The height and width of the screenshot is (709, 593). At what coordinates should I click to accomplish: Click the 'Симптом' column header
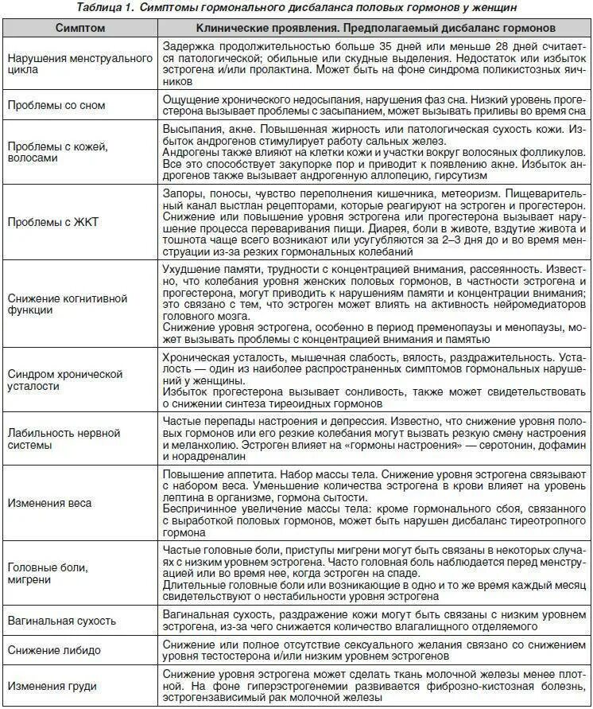pyautogui.click(x=79, y=28)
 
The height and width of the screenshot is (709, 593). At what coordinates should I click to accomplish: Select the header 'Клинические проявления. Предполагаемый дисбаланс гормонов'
pyautogui.click(x=373, y=28)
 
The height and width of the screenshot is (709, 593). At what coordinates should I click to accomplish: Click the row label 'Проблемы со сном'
pyautogui.click(x=55, y=105)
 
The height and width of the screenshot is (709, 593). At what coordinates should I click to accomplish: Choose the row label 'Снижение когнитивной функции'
pyautogui.click(x=67, y=303)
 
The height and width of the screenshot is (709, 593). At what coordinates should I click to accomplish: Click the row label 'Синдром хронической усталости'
pyautogui.click(x=64, y=379)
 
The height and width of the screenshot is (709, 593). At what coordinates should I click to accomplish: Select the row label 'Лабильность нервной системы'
pyautogui.click(x=63, y=438)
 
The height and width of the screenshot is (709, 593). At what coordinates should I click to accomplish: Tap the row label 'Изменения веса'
pyautogui.click(x=48, y=503)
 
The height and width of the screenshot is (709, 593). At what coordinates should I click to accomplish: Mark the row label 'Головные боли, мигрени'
pyautogui.click(x=47, y=573)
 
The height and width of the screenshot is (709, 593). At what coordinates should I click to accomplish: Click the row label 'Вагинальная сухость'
pyautogui.click(x=61, y=620)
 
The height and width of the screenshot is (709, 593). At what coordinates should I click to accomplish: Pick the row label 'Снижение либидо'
pyautogui.click(x=54, y=650)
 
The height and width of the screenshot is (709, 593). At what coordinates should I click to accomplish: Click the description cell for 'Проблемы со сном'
pyautogui.click(x=373, y=106)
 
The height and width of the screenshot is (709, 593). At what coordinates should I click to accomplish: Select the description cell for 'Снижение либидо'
pyautogui.click(x=373, y=650)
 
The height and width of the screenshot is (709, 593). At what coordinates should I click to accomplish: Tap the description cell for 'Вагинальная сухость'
pyautogui.click(x=373, y=620)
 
